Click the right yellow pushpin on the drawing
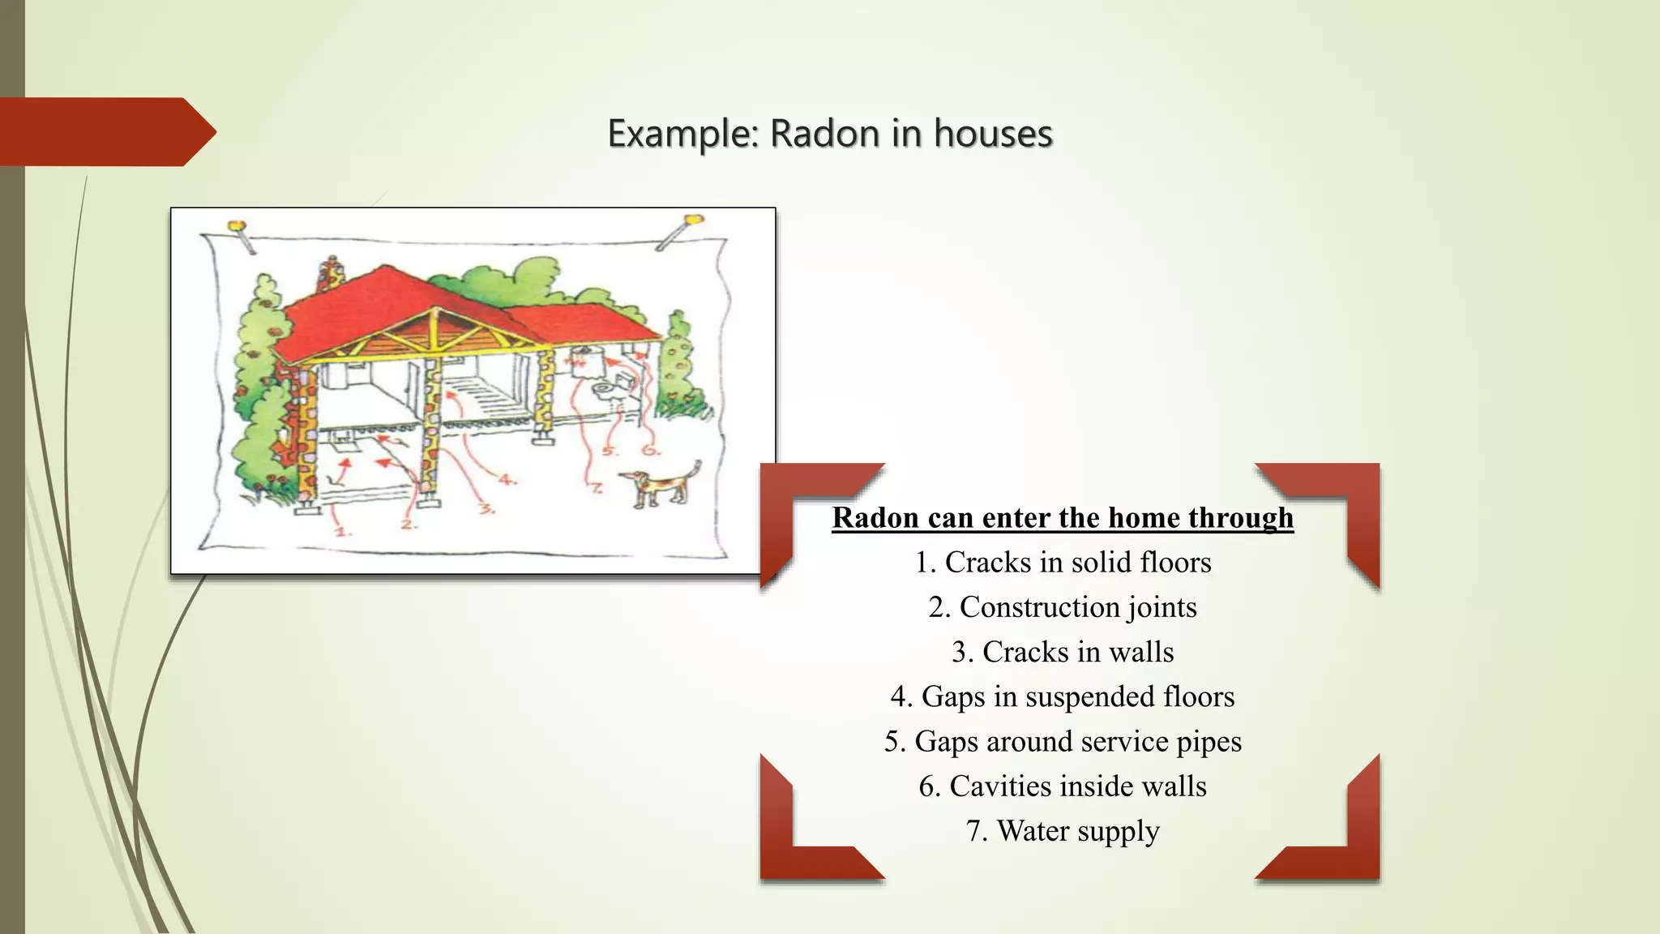click(693, 221)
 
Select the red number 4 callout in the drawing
click(507, 480)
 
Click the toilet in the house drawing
click(604, 391)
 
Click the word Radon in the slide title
click(824, 133)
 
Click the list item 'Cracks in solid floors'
click(1063, 562)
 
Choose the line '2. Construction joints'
click(1063, 606)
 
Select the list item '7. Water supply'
click(1063, 831)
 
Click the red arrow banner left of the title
click(105, 131)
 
